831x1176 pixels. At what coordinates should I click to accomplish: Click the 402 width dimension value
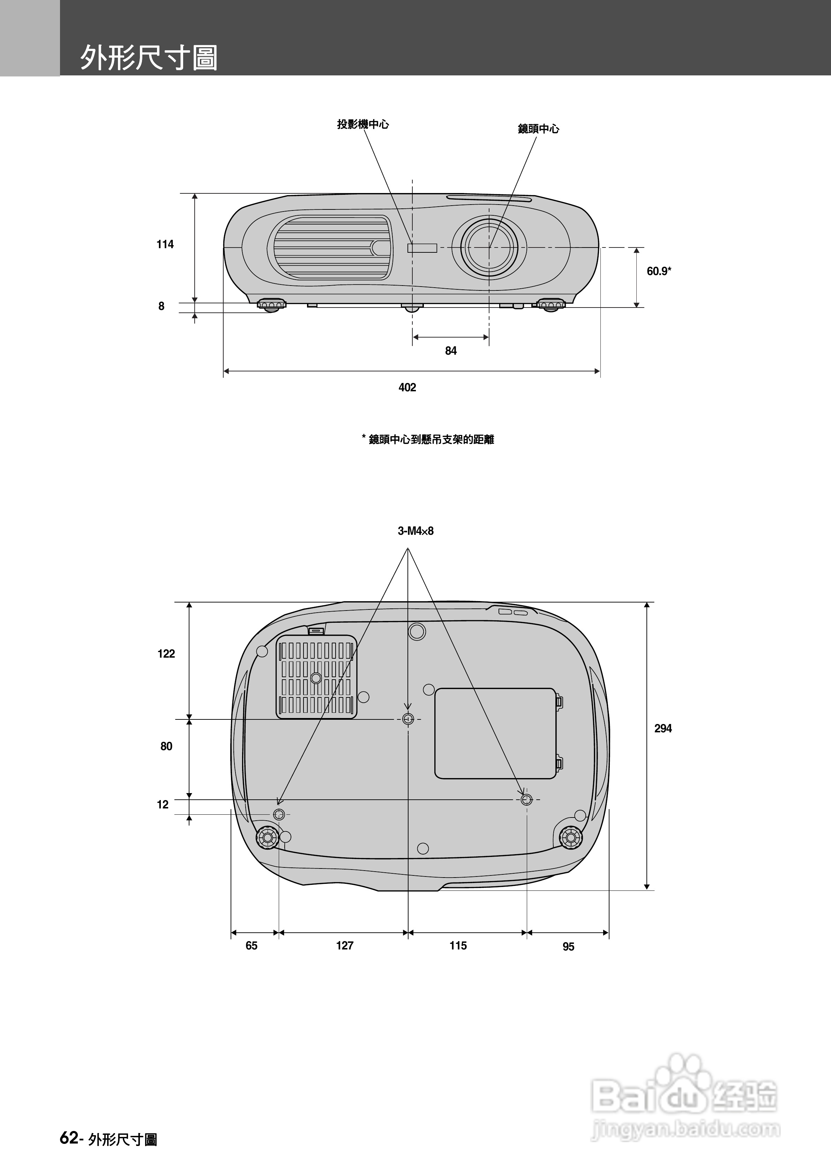(407, 387)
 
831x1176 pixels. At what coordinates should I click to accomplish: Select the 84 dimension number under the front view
(451, 351)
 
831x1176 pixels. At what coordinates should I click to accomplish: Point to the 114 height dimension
(165, 244)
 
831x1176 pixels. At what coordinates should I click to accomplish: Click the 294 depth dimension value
(663, 728)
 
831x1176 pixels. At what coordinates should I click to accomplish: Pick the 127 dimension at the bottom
(345, 946)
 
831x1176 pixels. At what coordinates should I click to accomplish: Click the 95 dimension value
(568, 947)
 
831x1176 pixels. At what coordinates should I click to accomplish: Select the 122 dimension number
(166, 653)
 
